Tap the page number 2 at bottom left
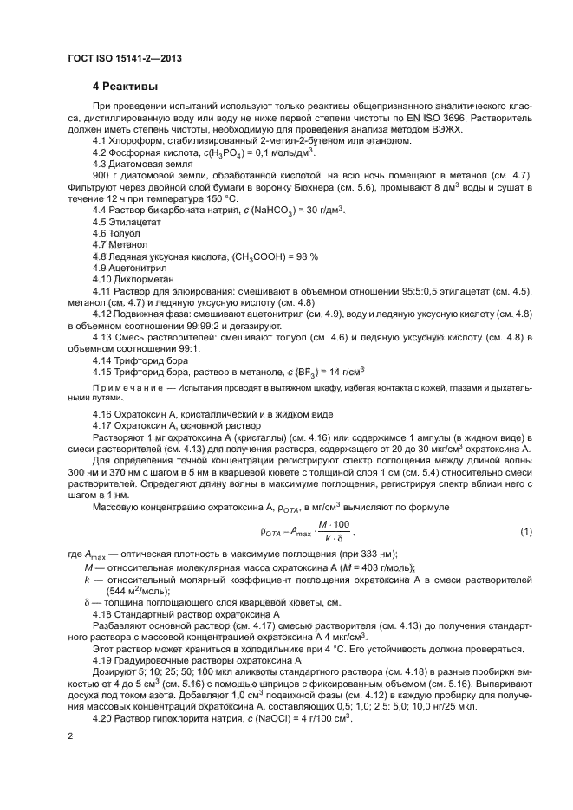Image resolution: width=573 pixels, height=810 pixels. pyautogui.click(x=70, y=735)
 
